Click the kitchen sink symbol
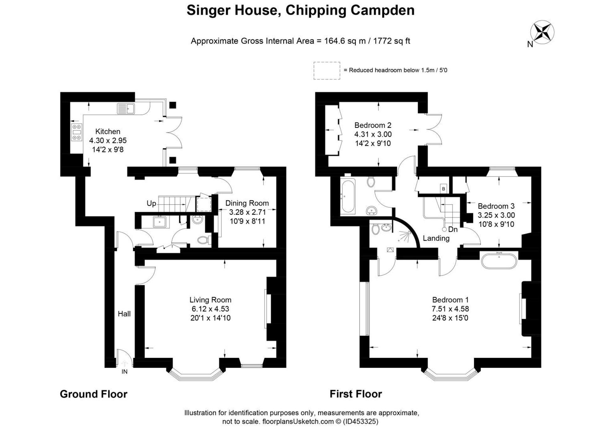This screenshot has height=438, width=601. coord(126,109)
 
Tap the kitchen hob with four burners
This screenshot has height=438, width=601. coord(77,132)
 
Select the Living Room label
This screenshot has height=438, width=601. coord(210,300)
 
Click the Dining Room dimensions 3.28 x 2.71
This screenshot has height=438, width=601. coord(247,212)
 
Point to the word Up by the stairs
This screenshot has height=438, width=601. coord(151,204)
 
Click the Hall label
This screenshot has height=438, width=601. coord(124,314)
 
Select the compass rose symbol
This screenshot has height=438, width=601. coord(542,32)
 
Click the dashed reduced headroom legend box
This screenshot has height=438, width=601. coord(327,71)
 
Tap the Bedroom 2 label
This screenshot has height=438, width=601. coord(372,125)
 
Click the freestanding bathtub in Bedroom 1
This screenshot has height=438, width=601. coord(499,261)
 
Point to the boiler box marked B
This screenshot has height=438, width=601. coord(443,189)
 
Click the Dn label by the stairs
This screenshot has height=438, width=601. coord(453,229)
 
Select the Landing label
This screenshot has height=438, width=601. coord(436,238)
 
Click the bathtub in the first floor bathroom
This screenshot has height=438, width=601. coord(348,196)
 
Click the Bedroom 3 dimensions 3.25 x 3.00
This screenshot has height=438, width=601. coord(496,215)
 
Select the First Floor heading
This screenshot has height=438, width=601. coord(356,394)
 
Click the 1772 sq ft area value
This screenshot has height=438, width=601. coord(391,41)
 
